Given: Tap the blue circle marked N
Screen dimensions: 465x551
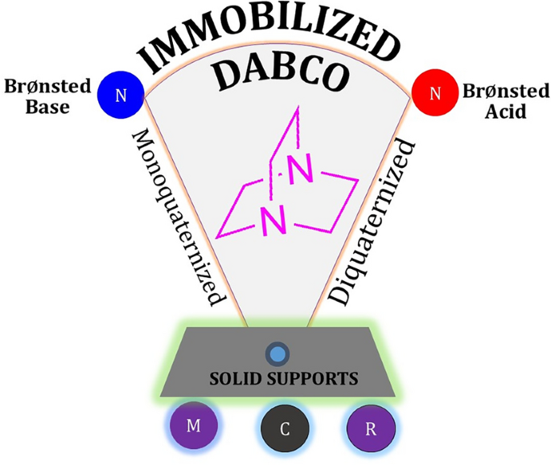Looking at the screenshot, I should pyautogui.click(x=121, y=95).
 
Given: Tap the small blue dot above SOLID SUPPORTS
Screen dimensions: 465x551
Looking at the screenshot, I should pyautogui.click(x=278, y=354).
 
